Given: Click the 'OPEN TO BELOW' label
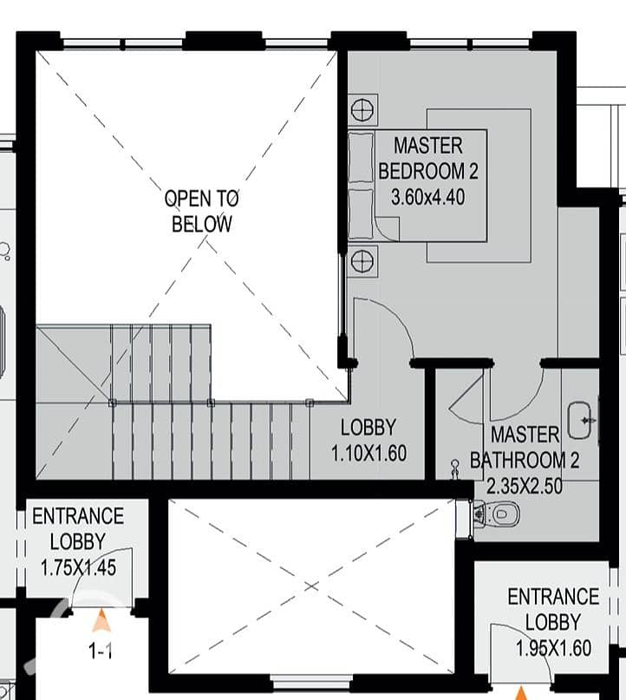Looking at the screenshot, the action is pyautogui.click(x=202, y=211).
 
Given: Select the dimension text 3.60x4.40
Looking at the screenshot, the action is pyautogui.click(x=428, y=197).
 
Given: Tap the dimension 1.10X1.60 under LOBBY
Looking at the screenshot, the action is pyautogui.click(x=369, y=454).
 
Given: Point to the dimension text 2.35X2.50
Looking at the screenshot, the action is pyautogui.click(x=525, y=486).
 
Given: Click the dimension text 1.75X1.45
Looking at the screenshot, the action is pyautogui.click(x=79, y=568).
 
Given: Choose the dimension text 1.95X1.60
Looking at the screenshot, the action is pyautogui.click(x=554, y=648).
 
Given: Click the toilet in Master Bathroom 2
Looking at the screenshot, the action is pyautogui.click(x=497, y=514).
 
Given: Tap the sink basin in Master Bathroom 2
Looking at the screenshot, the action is pyautogui.click(x=579, y=420).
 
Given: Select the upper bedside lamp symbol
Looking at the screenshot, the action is pyautogui.click(x=362, y=110).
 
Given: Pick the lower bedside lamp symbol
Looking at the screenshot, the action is pyautogui.click(x=362, y=261).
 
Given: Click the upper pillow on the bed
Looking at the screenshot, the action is pyautogui.click(x=361, y=158).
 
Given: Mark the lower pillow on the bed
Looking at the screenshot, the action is pyautogui.click(x=361, y=214).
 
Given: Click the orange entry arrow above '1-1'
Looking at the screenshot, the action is pyautogui.click(x=101, y=620).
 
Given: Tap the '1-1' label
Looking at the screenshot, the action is pyautogui.click(x=101, y=651).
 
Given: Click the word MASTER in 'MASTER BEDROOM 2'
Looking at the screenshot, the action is pyautogui.click(x=428, y=146).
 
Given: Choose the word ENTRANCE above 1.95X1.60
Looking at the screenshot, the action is pyautogui.click(x=553, y=597).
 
